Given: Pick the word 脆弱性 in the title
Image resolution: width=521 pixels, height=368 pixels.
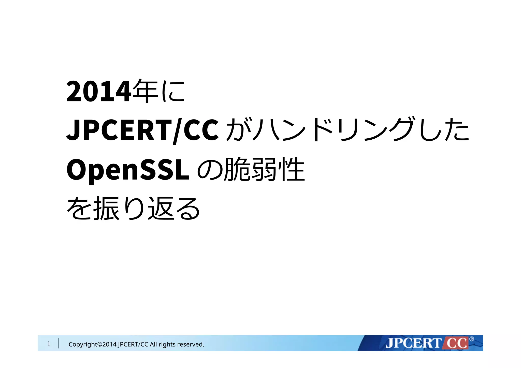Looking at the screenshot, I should [x=265, y=169].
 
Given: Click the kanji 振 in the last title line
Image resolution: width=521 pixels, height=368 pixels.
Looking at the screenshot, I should [x=106, y=209].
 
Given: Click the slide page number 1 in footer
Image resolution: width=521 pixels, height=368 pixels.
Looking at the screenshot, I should [x=49, y=344].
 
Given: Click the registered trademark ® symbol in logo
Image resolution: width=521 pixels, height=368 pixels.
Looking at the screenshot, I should [x=472, y=339].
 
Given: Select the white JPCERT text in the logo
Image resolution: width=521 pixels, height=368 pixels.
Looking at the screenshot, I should [x=414, y=343].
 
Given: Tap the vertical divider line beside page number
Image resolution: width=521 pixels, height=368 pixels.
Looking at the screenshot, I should [x=59, y=343].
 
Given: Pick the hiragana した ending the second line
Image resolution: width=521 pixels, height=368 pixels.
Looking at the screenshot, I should [x=444, y=130].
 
